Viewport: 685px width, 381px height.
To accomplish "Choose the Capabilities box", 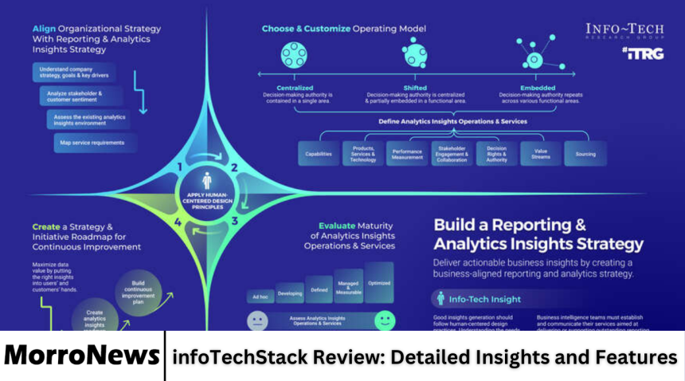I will point(319,153).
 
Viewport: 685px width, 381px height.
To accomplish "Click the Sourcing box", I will point(585,153).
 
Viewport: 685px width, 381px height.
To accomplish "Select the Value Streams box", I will point(540,153).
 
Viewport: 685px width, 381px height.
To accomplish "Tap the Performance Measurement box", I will point(407,153).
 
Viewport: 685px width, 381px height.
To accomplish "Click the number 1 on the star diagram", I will point(180,167).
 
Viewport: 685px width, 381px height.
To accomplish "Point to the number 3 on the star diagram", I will point(234,221).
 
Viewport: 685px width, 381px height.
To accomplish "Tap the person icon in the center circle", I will point(207,181).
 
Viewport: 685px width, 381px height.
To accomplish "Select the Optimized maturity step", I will point(379,283).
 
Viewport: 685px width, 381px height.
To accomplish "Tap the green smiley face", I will point(385,320).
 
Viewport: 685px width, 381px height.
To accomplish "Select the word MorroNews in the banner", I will point(80,357).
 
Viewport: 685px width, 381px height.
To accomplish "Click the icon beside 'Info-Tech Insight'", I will point(441,299).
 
